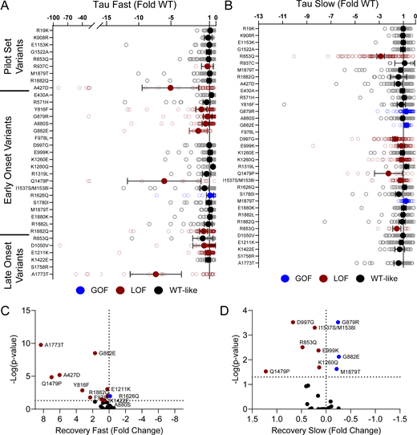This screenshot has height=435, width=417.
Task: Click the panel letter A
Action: tap(6, 6)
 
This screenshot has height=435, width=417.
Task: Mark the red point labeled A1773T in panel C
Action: tap(40, 344)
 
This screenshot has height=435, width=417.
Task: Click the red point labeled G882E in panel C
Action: tap(95, 352)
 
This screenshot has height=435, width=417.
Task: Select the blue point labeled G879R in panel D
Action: tap(338, 322)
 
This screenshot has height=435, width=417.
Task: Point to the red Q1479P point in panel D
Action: tap(265, 371)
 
